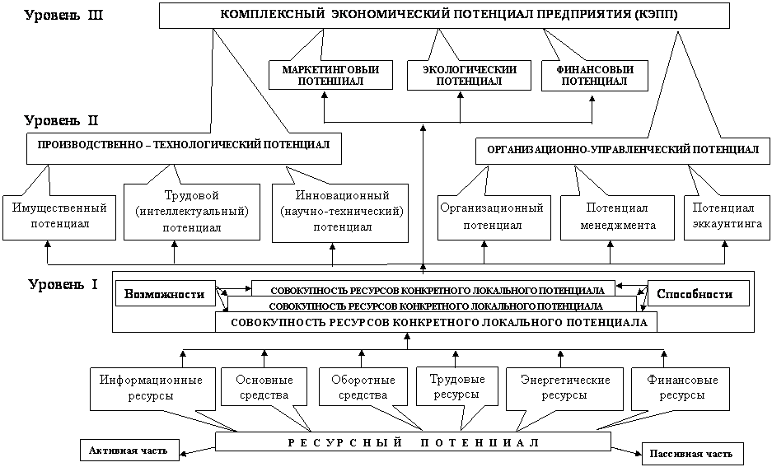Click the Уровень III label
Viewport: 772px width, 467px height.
62,16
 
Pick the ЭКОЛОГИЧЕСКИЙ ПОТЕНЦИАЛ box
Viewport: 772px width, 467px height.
469,76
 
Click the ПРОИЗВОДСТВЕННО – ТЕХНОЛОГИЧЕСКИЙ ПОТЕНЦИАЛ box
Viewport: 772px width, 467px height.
184,145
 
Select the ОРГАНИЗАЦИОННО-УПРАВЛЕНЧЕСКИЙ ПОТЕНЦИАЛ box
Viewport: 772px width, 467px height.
623,150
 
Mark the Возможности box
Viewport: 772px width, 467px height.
165,294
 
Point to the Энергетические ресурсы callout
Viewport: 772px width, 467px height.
565,388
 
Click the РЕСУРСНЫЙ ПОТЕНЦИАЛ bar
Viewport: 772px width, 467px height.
413,442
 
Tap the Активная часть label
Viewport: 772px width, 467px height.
129,451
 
